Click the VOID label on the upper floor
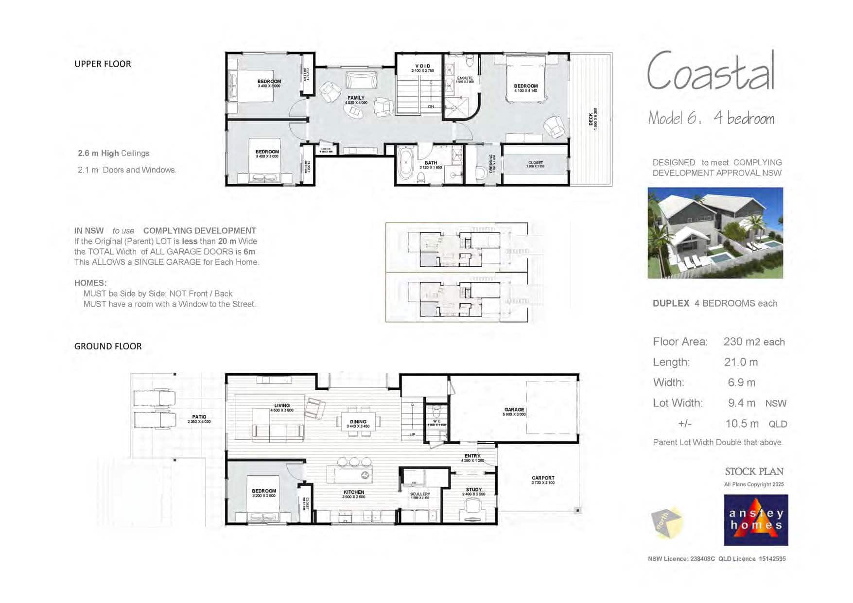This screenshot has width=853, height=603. (x=422, y=66)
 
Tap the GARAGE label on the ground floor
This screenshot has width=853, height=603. (x=514, y=410)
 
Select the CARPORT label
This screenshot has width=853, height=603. (x=543, y=478)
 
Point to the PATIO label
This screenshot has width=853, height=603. (x=199, y=417)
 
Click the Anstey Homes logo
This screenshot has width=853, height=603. (x=755, y=520)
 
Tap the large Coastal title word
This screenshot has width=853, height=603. (x=711, y=72)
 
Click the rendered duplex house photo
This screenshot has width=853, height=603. (x=715, y=233)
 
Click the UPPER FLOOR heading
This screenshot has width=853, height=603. (x=103, y=64)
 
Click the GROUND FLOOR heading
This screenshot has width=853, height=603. (x=108, y=346)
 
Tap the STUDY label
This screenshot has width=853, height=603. (x=473, y=490)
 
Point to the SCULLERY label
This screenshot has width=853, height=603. (x=420, y=494)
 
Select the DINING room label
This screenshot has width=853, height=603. (x=358, y=422)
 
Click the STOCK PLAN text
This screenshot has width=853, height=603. (x=754, y=472)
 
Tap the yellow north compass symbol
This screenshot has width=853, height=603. (x=667, y=523)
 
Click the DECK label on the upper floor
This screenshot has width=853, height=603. (x=591, y=120)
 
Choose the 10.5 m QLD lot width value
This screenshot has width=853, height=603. (x=742, y=424)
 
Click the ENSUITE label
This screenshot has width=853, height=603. (x=465, y=78)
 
